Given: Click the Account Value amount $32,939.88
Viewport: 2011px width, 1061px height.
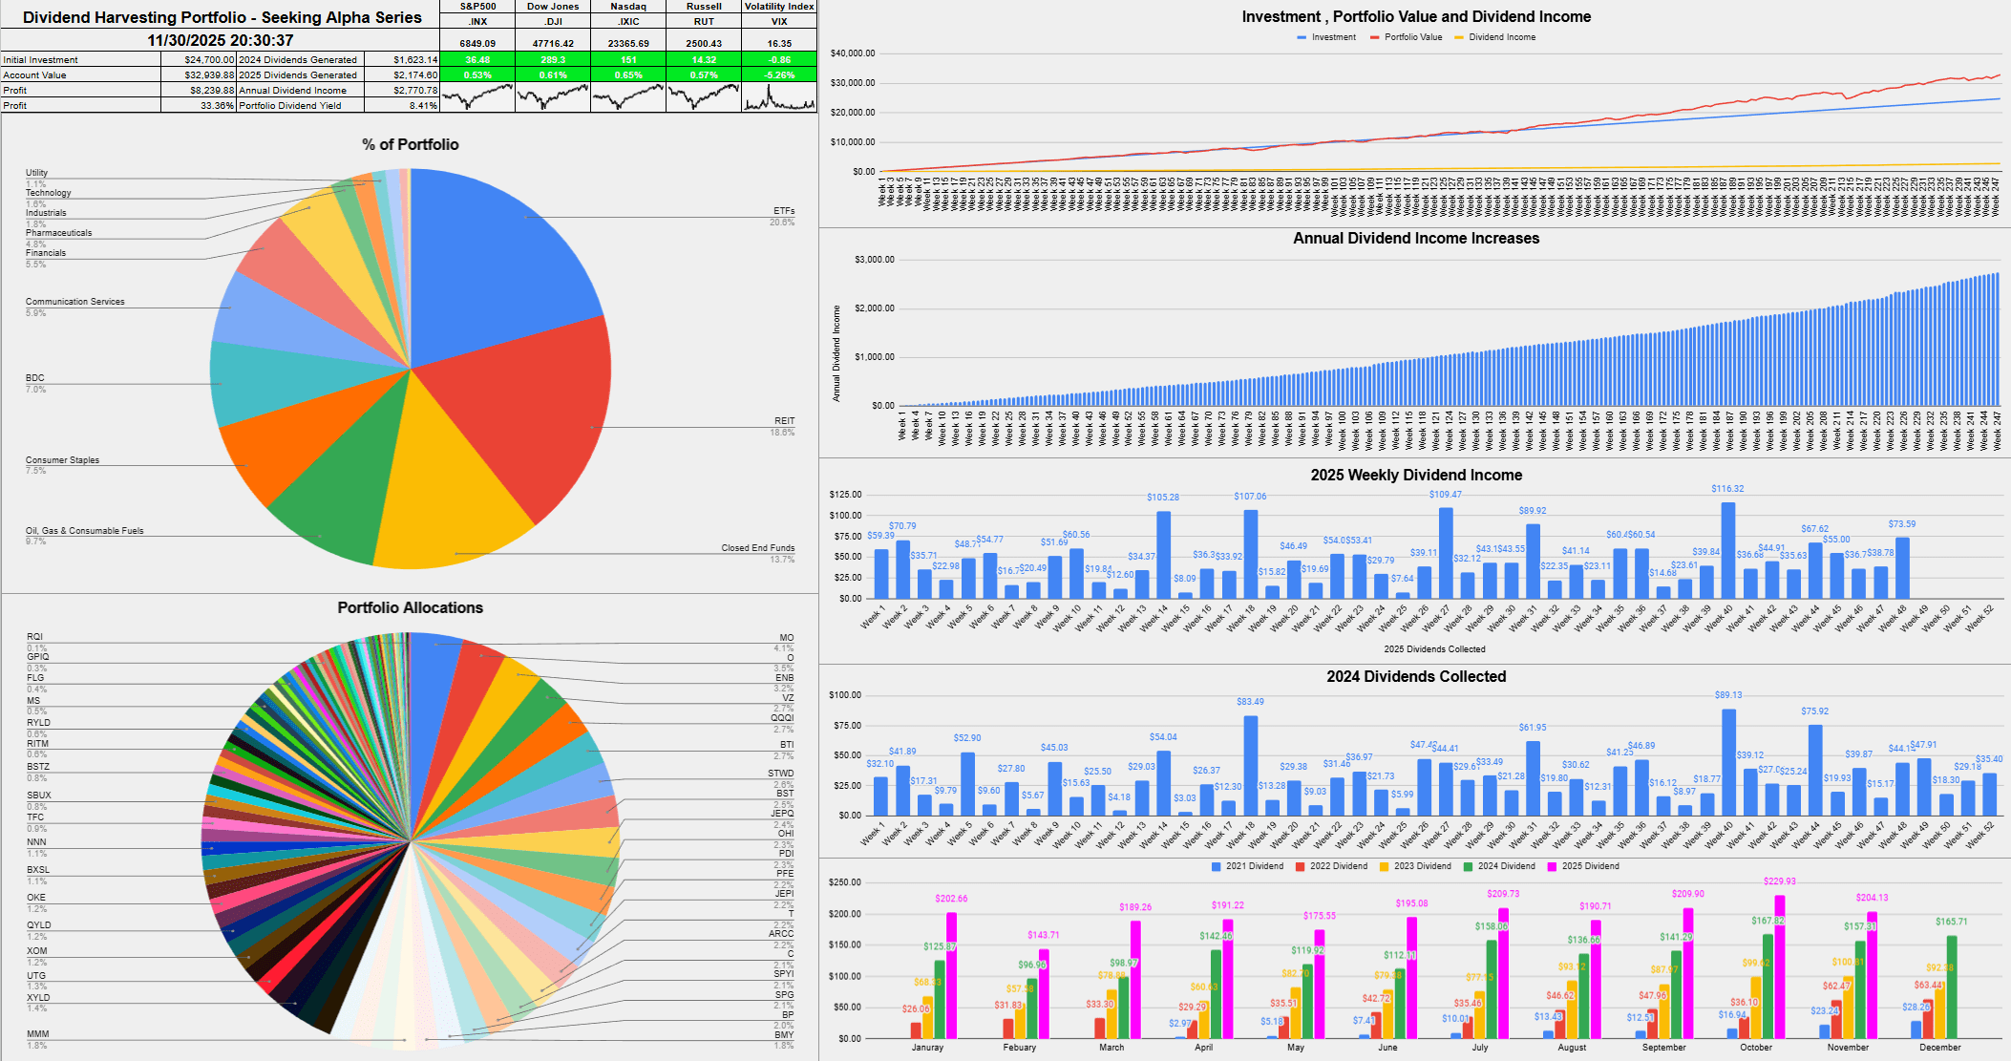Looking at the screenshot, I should point(208,75).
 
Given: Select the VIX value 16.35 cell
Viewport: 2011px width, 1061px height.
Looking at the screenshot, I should point(779,43).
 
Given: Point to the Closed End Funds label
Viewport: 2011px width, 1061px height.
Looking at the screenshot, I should point(757,548).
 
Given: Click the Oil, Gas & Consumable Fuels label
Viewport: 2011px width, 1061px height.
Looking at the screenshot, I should point(84,531).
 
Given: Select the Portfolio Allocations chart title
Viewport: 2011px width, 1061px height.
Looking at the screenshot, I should point(410,607).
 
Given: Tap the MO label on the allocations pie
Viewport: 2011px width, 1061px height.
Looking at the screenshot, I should point(786,638).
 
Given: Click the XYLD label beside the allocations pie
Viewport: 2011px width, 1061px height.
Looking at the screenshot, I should point(38,998).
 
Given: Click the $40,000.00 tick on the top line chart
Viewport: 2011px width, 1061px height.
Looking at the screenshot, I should point(853,53).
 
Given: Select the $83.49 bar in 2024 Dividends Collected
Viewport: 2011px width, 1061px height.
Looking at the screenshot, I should point(1250,764).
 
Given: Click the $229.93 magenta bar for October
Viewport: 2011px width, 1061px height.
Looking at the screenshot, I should point(1779,965).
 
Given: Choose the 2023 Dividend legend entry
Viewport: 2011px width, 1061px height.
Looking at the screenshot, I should point(1421,866).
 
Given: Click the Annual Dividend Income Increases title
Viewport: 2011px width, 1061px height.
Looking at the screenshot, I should point(1415,239).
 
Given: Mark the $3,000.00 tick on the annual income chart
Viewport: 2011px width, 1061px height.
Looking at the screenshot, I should point(874,260).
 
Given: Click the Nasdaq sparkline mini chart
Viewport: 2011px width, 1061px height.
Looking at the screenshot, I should point(627,96).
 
